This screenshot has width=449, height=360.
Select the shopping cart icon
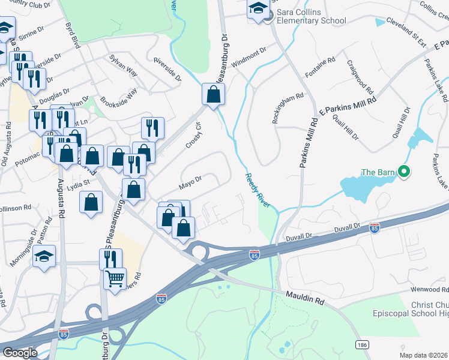pos(115,278)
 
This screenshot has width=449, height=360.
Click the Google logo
pos(19,353)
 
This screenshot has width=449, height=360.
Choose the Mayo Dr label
pos(189,181)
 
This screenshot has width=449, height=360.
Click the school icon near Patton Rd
pos(44,256)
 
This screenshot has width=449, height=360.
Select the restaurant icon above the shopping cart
pos(110,259)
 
